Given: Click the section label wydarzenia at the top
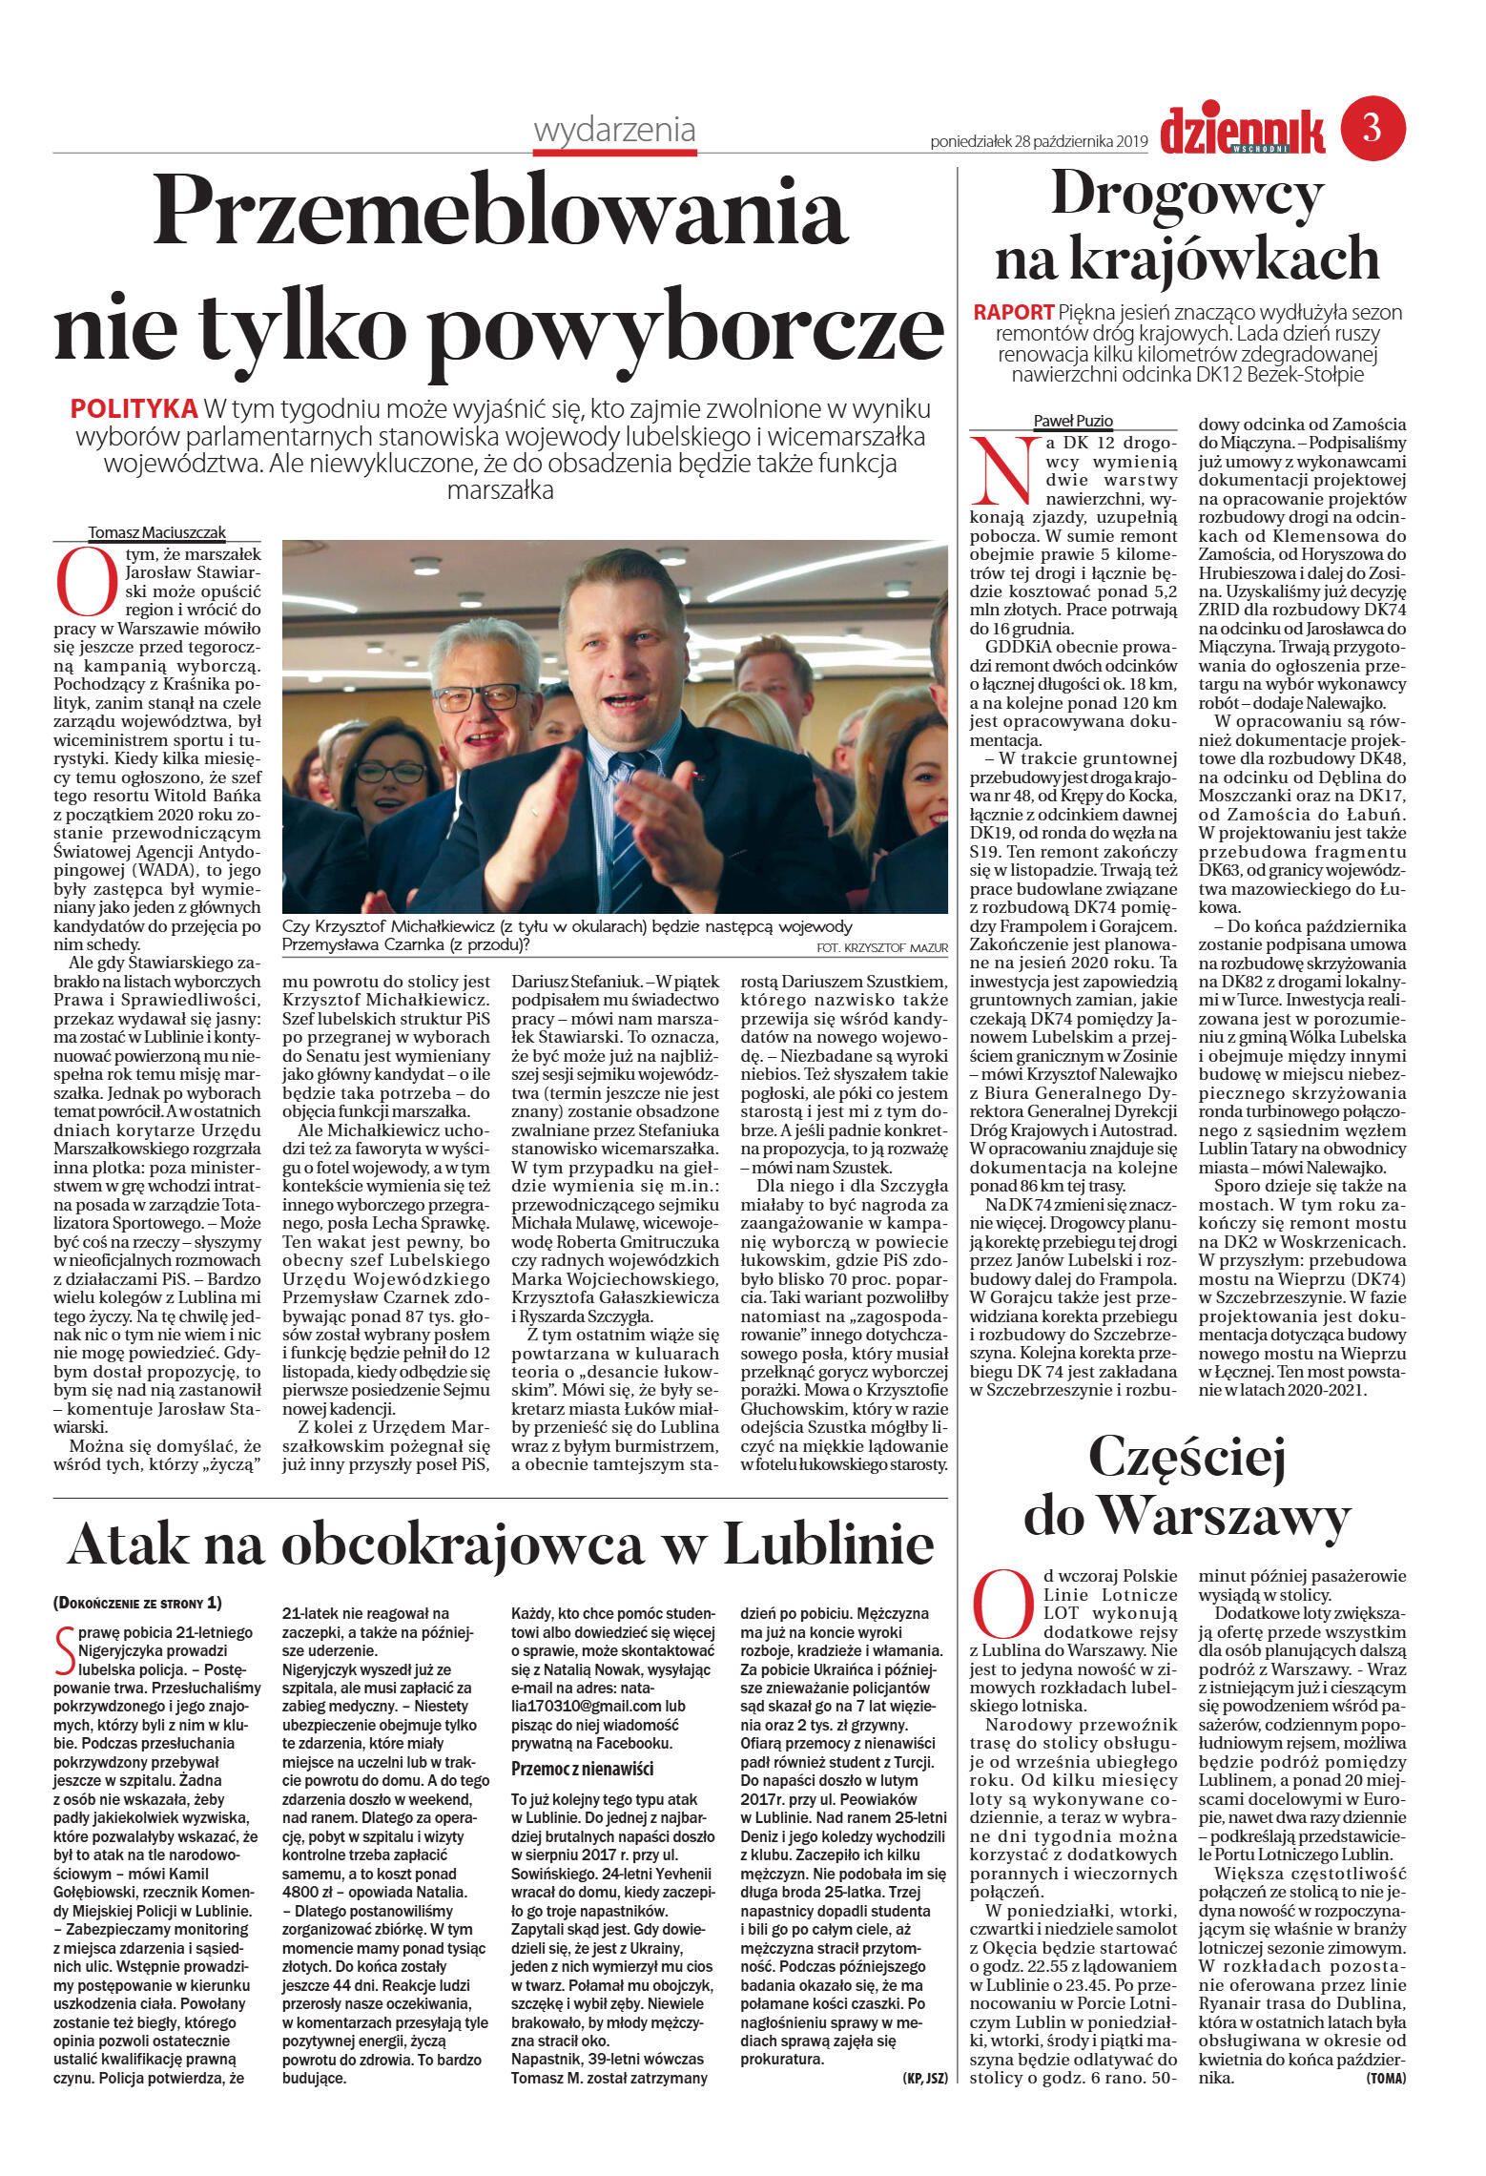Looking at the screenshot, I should (x=614, y=130).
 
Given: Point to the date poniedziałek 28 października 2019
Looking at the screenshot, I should (x=1039, y=142).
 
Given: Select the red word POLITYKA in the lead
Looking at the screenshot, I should (x=134, y=409).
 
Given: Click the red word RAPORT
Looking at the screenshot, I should (x=1013, y=312).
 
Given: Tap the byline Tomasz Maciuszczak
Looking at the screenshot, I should (x=156, y=532).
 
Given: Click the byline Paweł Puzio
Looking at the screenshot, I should (x=1073, y=421).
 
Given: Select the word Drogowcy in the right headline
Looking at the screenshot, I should (x=1187, y=195).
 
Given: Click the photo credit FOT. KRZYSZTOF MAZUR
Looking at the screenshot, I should (x=882, y=947).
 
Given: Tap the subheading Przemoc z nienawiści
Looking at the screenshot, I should (x=582, y=1768).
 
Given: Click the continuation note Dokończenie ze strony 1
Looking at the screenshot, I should (x=137, y=1602).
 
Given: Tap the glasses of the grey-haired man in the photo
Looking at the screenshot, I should (x=480, y=697).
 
